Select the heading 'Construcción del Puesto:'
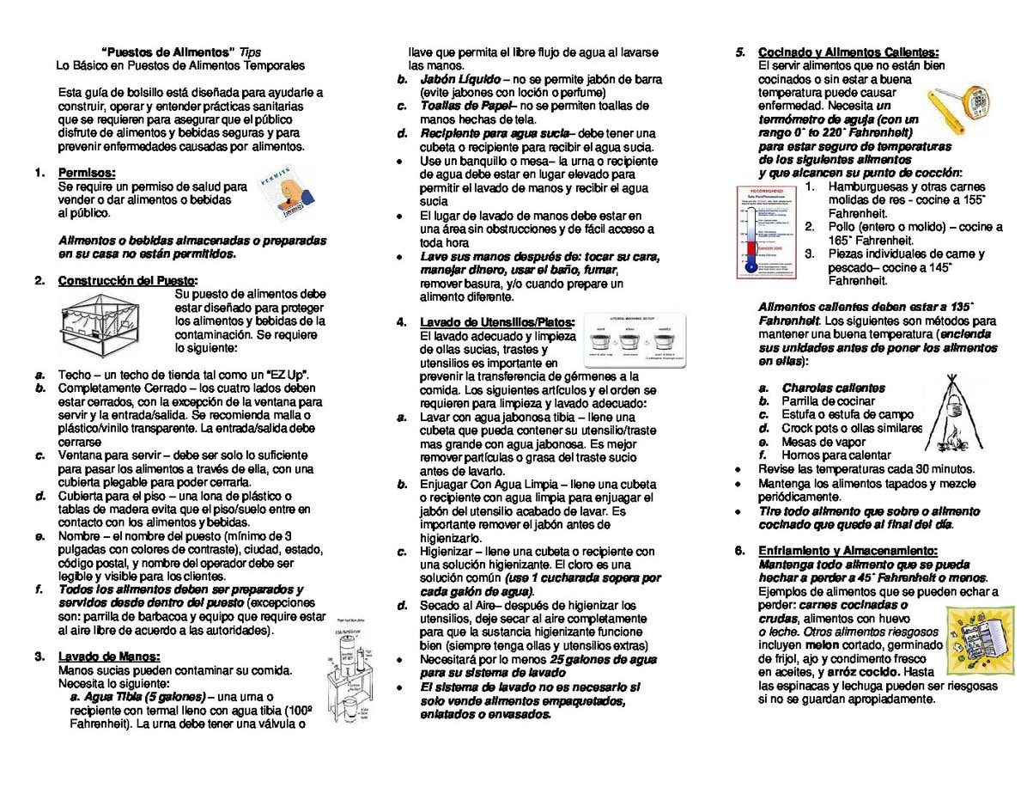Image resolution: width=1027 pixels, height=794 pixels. pyautogui.click(x=128, y=280)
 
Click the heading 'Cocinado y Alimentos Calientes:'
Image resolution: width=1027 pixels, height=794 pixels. pyautogui.click(x=848, y=52)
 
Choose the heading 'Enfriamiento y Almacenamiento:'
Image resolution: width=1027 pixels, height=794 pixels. pyautogui.click(x=848, y=551)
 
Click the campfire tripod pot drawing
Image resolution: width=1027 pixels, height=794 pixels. pyautogui.click(x=953, y=413)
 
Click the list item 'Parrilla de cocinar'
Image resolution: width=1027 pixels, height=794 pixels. pyautogui.click(x=816, y=401)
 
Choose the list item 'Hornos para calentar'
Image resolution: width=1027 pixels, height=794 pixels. pyautogui.click(x=823, y=455)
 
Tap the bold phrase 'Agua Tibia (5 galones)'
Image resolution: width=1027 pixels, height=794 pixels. pyautogui.click(x=137, y=697)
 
